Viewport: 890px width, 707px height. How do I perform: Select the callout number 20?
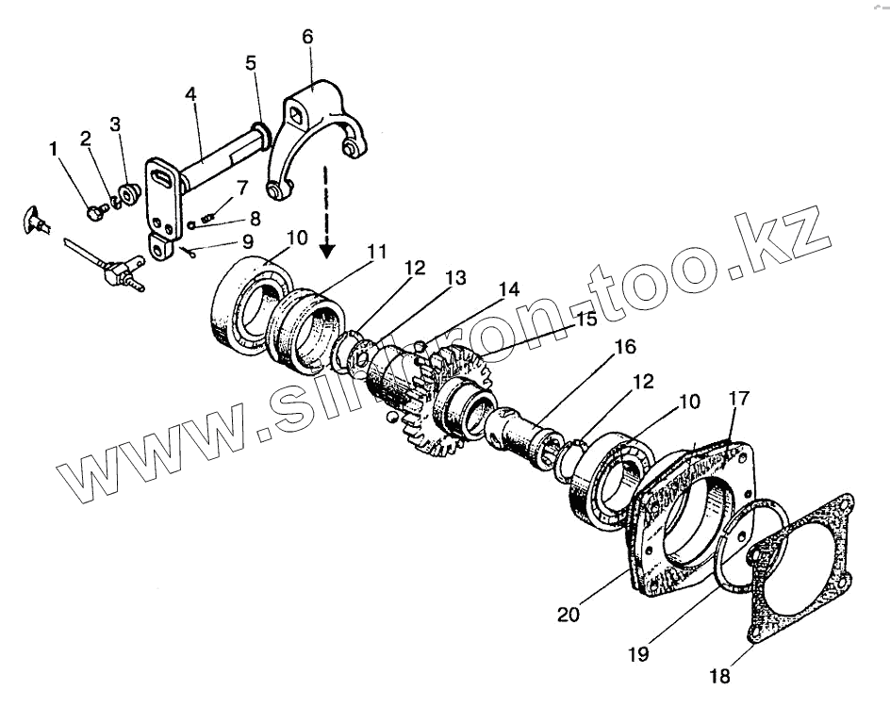568,616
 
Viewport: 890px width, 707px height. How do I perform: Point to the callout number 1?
54,148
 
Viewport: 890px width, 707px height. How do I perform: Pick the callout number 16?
626,347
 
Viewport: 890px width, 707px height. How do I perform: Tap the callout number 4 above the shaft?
190,94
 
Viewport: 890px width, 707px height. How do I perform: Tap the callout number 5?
250,64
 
